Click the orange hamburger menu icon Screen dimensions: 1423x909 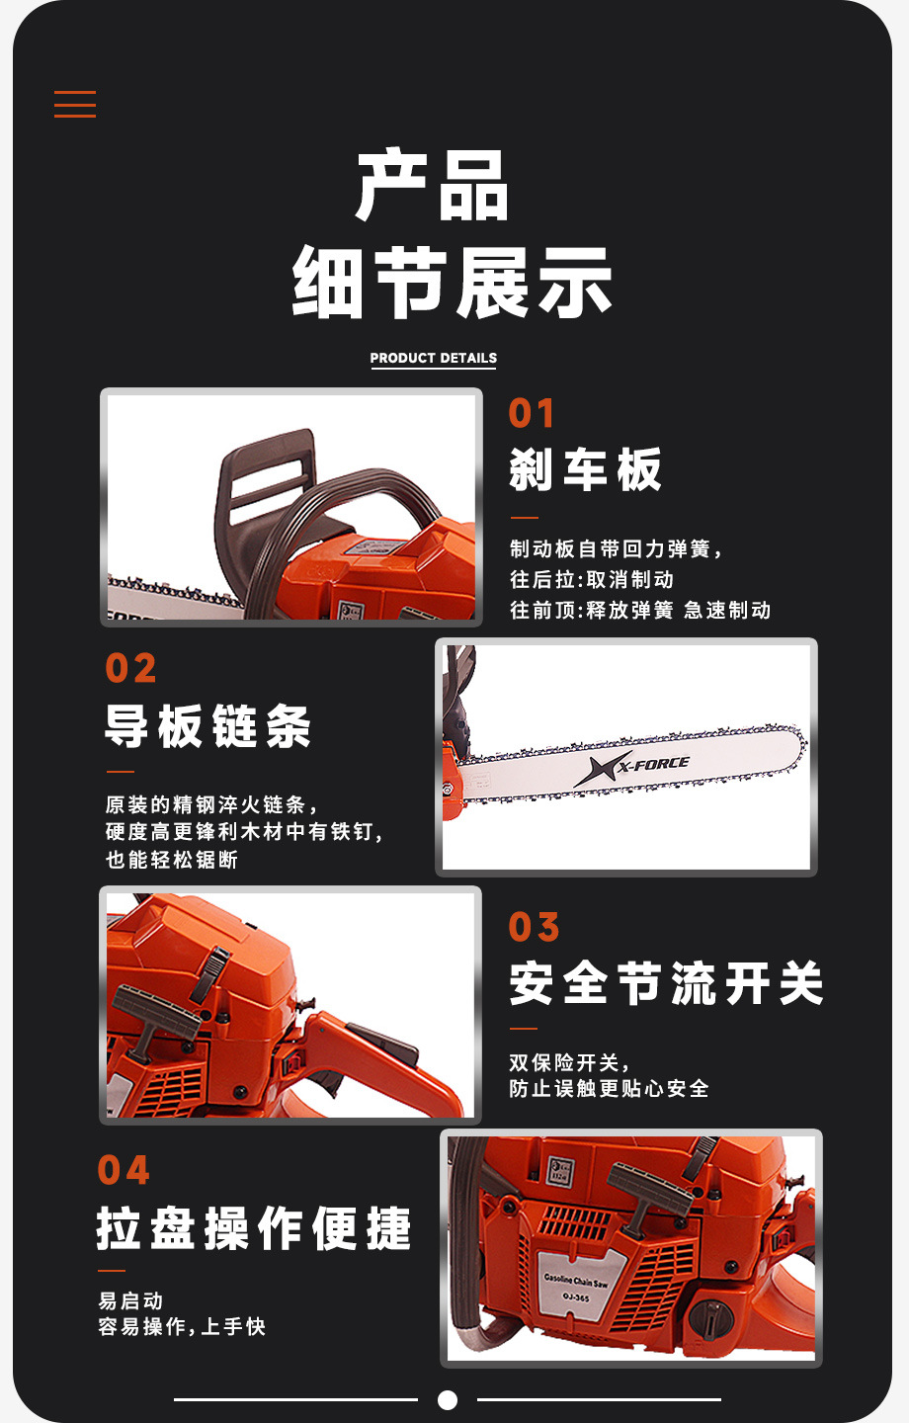click(x=75, y=104)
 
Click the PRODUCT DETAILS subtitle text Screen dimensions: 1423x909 click(x=433, y=358)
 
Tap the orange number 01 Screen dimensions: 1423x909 click(x=532, y=414)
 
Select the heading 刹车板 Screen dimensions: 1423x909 click(x=585, y=469)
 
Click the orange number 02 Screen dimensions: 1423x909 click(x=130, y=669)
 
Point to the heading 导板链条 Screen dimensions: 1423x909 click(x=207, y=726)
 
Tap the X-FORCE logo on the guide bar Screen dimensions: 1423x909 click(x=632, y=767)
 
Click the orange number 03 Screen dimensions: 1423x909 click(x=534, y=928)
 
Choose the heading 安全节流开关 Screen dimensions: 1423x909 click(x=666, y=984)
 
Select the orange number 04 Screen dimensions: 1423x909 click(x=124, y=1171)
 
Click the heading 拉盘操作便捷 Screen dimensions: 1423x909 click(x=253, y=1228)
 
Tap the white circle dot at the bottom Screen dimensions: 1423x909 click(x=448, y=1399)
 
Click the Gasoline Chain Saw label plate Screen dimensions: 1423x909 click(x=578, y=1284)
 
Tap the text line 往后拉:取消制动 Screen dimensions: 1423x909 click(x=591, y=580)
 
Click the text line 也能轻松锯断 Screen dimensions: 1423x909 click(x=172, y=860)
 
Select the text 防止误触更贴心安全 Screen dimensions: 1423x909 click(x=609, y=1089)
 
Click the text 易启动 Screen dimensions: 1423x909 click(x=130, y=1300)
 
